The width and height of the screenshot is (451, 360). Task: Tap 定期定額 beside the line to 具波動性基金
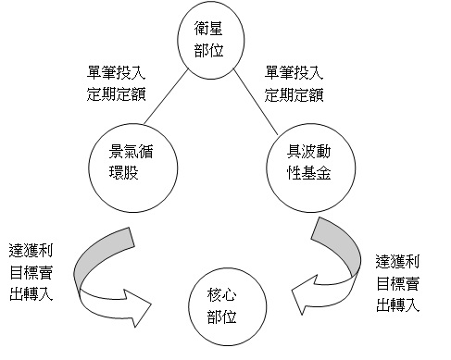294,93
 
